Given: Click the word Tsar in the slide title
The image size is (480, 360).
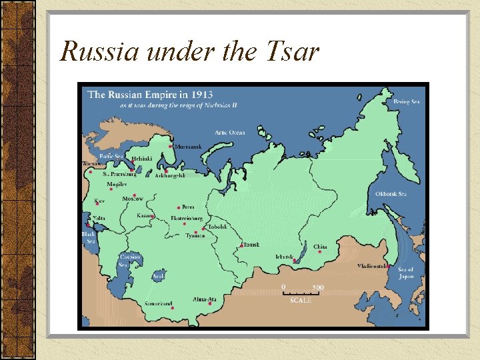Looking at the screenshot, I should click(x=288, y=51).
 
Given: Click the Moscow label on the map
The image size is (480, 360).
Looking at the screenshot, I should click(x=132, y=199).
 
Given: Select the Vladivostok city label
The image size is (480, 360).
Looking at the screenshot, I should click(x=371, y=265).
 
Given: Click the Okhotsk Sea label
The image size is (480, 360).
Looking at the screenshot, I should click(x=391, y=194).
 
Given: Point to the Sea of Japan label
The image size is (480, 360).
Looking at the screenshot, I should click(x=406, y=273).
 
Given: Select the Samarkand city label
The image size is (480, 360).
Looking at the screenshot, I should click(x=159, y=304).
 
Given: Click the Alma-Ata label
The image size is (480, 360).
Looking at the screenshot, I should click(x=204, y=299).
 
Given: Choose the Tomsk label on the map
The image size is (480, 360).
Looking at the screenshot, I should click(x=251, y=245).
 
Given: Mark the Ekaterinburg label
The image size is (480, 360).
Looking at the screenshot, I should click(x=187, y=218).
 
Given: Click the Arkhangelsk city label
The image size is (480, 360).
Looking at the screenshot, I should click(x=169, y=175).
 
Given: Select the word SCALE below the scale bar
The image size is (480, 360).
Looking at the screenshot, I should click(x=300, y=301).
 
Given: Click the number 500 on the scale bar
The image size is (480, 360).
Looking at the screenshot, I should click(x=318, y=287).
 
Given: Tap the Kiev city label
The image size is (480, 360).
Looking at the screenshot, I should click(x=99, y=201).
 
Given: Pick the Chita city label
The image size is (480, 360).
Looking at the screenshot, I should click(x=320, y=247).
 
